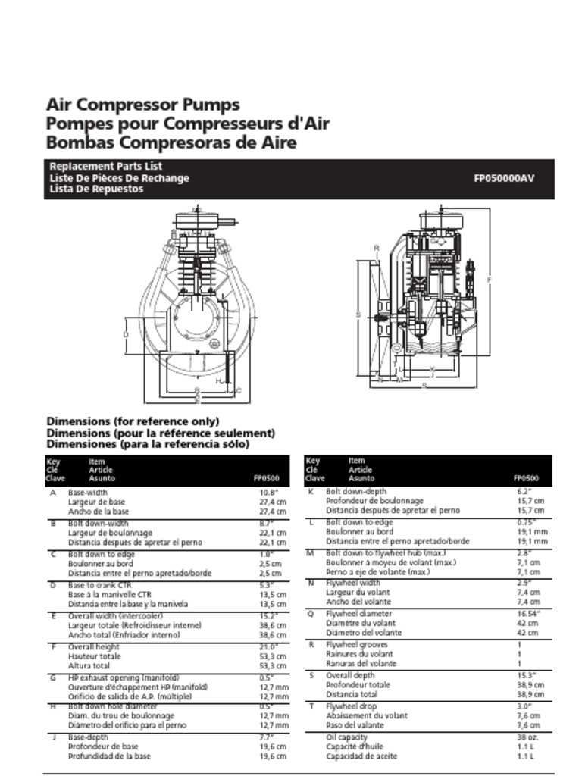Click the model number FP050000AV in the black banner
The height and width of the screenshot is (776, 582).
503,179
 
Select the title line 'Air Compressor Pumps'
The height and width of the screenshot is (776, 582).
143,105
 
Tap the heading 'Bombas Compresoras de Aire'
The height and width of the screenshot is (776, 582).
171,142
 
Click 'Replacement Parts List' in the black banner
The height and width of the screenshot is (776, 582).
106,167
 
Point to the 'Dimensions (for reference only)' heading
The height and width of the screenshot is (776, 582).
133,421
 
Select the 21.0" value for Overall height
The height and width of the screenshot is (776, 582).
270,647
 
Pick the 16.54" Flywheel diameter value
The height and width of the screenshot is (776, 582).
527,614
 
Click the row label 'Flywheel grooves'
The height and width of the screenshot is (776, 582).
357,645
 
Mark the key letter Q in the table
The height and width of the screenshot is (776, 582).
311,614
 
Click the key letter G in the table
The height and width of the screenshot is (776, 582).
53,677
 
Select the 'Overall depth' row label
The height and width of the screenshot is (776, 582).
350,675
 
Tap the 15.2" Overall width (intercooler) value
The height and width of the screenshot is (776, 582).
270,616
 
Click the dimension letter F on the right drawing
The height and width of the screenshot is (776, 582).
490,280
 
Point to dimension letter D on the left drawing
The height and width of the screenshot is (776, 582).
126,333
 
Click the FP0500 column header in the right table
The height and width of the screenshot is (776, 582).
526,479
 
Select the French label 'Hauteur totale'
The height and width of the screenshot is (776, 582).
95,656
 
